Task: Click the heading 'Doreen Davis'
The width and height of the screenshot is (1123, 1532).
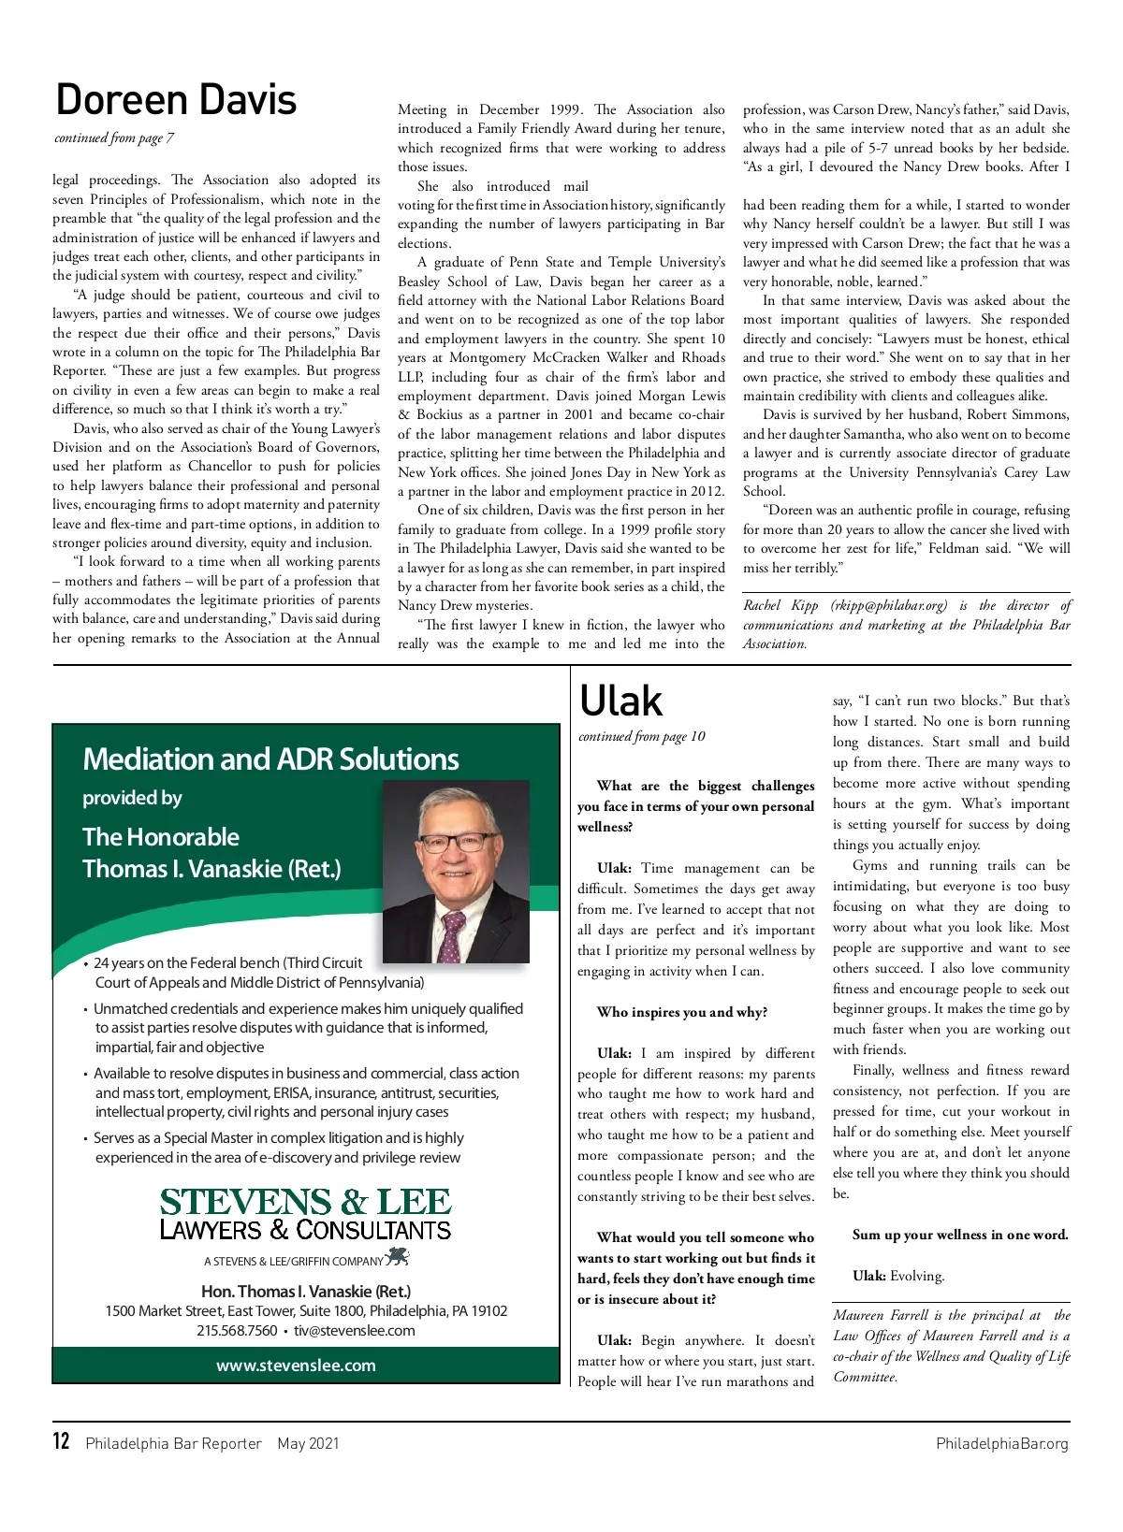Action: point(176,100)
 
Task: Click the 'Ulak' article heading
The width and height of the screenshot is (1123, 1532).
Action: point(620,701)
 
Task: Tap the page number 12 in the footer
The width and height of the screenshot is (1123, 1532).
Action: point(62,1441)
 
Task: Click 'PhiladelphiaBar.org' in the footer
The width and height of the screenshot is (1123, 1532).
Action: point(1001,1443)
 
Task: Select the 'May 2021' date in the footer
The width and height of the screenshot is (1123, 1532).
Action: point(308,1443)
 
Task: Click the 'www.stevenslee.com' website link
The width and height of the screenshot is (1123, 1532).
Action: point(296,1366)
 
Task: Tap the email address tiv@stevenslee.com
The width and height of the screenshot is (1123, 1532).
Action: point(354,1330)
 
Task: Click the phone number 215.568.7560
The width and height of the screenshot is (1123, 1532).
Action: point(237,1330)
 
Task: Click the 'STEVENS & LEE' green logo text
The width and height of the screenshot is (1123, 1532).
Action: point(305,1202)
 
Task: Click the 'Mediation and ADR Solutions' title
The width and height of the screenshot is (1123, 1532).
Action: point(270,759)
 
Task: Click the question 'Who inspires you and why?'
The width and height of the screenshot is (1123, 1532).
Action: point(681,1012)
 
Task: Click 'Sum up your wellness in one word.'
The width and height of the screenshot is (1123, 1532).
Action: point(960,1235)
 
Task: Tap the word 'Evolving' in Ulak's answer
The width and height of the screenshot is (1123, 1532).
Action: point(917,1276)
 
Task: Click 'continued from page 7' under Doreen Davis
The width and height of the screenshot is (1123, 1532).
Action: point(114,138)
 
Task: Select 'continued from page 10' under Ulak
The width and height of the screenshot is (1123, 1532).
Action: point(642,737)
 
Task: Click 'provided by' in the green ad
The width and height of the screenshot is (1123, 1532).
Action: point(132,798)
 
